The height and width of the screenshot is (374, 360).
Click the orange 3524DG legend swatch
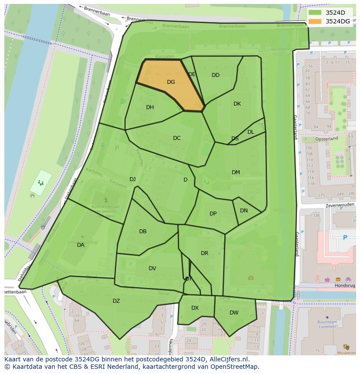tap(315, 21)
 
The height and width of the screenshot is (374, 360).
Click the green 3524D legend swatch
tap(315, 13)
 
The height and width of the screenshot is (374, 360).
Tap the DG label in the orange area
tap(171, 82)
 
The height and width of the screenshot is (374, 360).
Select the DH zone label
tap(150, 107)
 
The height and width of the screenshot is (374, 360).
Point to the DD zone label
tap(216, 75)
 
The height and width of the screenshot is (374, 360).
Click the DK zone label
tap(237, 104)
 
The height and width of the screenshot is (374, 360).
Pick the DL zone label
tap(251, 132)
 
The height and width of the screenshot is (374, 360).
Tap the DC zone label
tap(177, 138)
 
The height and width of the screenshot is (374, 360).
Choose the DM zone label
tap(236, 172)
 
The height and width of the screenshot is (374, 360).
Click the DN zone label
tap(244, 211)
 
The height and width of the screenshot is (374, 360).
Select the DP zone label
tap(213, 214)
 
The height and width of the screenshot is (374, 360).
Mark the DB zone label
tap(143, 232)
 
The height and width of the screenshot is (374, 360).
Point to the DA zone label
tap(80, 245)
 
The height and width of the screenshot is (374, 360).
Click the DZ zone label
tap(116, 301)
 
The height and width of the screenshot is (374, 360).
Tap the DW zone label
tap(234, 313)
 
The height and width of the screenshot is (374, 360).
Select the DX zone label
tap(195, 308)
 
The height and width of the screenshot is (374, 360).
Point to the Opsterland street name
tap(327, 139)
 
